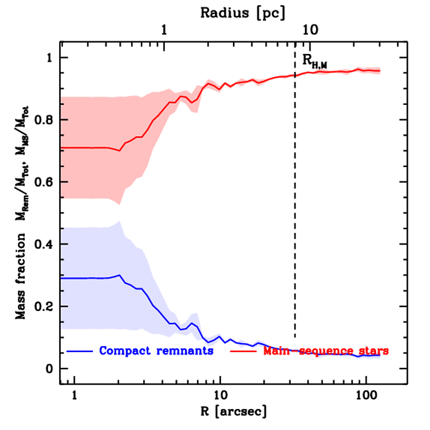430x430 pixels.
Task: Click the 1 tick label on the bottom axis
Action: (74, 395)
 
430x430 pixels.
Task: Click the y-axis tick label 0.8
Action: (43, 120)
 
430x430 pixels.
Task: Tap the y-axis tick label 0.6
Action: (43, 182)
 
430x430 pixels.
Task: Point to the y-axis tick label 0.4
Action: (43, 244)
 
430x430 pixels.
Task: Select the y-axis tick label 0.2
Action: (43, 307)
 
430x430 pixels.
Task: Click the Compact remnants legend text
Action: (156, 351)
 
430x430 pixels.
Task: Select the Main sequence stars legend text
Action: (326, 351)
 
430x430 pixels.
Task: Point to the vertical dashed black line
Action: (295, 210)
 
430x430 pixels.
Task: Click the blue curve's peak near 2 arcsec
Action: (120, 275)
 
